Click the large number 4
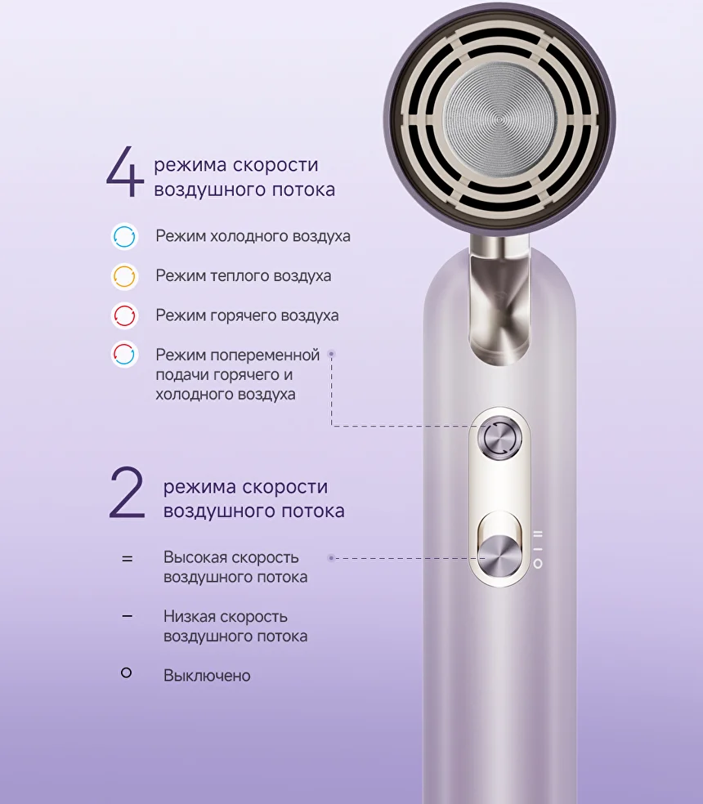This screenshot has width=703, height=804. click(x=125, y=172)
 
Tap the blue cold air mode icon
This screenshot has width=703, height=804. click(x=125, y=236)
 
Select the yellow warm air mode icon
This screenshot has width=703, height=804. click(x=125, y=276)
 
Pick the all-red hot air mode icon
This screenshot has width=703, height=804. click(x=125, y=315)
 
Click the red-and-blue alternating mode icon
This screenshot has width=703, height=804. click(x=125, y=354)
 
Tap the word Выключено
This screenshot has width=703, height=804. click(x=207, y=676)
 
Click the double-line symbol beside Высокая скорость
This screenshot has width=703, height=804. click(x=128, y=558)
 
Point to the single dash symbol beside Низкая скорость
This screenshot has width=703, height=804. click(x=128, y=616)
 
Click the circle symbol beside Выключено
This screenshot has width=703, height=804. click(x=126, y=672)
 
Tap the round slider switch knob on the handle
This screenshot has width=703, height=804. click(x=499, y=556)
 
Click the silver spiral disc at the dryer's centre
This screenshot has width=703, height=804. click(x=499, y=120)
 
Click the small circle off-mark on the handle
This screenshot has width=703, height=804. click(x=538, y=564)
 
